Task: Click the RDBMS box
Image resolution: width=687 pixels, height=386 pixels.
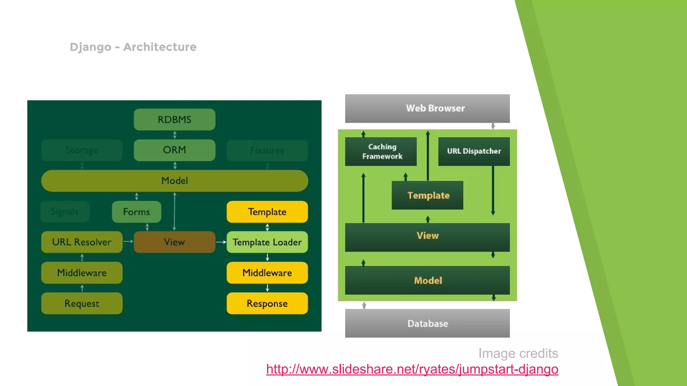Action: (174, 120)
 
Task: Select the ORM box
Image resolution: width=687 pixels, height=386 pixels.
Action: (174, 150)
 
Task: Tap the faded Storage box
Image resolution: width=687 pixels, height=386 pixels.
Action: (82, 150)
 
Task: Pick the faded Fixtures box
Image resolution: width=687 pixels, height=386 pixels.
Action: (267, 150)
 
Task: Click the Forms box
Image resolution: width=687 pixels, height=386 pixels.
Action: (136, 212)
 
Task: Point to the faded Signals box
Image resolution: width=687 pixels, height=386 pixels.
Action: (65, 211)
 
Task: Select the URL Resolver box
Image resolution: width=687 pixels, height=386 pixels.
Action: (82, 242)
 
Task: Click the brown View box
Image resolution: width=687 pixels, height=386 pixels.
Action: (174, 242)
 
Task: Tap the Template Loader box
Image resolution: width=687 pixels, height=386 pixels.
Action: (267, 242)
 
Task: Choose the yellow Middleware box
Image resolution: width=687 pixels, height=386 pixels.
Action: (267, 273)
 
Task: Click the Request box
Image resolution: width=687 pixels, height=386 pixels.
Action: (82, 303)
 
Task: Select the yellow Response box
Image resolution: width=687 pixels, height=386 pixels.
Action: (267, 303)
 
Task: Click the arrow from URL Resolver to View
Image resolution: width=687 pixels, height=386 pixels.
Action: (128, 241)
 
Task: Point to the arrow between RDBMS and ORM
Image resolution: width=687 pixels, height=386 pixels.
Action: (175, 135)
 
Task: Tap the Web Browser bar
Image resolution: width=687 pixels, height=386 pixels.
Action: (427, 108)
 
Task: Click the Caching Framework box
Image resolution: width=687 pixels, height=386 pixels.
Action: (381, 151)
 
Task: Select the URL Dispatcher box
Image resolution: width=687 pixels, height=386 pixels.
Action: (474, 151)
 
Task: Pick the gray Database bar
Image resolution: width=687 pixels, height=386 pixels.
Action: (427, 323)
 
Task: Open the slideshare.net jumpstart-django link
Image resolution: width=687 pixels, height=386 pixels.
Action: (412, 369)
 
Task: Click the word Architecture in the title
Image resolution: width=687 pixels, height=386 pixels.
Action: (160, 47)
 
